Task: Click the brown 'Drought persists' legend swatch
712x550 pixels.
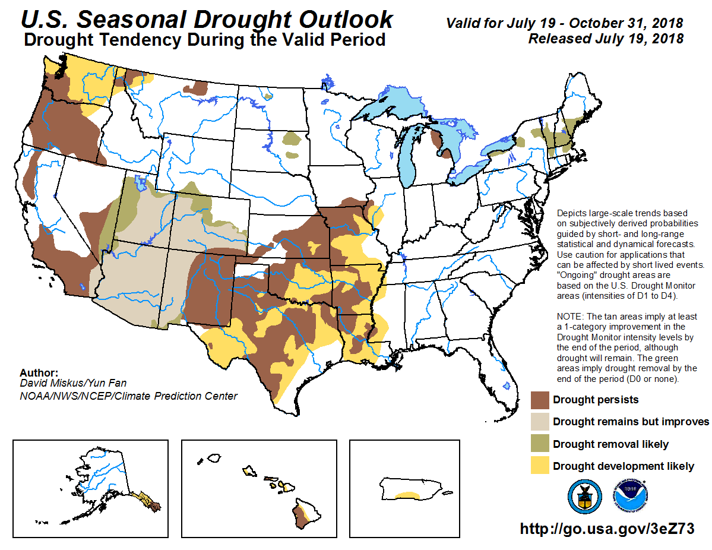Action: click(x=539, y=400)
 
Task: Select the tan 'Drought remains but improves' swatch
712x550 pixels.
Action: click(x=539, y=422)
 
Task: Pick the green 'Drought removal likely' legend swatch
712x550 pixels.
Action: click(x=539, y=444)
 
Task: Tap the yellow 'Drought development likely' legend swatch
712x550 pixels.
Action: click(x=539, y=466)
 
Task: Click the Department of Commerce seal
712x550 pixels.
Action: click(x=584, y=497)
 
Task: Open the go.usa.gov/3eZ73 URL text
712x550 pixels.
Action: click(x=607, y=529)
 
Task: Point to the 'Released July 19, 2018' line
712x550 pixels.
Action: click(x=605, y=39)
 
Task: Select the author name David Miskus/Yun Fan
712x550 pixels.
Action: click(x=73, y=384)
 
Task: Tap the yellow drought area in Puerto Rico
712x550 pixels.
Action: click(x=407, y=494)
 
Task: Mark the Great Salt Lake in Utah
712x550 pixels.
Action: click(x=140, y=181)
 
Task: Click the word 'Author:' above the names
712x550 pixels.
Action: click(x=39, y=373)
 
